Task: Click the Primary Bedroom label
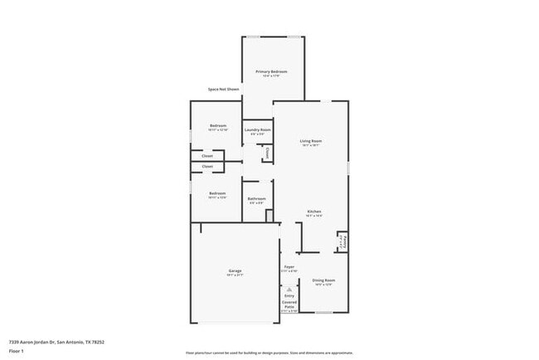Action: tap(271, 72)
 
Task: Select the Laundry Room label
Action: tap(257, 130)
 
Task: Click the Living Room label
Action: tap(311, 142)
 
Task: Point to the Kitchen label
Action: tap(314, 212)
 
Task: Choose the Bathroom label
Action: tap(256, 199)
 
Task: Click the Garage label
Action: tap(236, 271)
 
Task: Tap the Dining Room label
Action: tap(323, 281)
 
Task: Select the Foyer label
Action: tap(289, 267)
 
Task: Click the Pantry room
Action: tap(342, 241)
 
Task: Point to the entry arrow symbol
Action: tap(289, 288)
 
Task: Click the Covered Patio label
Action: tap(289, 304)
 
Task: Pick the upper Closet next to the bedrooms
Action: tap(207, 155)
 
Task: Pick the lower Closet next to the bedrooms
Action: tap(207, 167)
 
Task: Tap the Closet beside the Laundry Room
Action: tap(267, 153)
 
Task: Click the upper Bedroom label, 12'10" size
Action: tap(217, 127)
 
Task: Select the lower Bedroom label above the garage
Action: tap(217, 194)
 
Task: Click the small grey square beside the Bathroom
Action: tap(269, 216)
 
